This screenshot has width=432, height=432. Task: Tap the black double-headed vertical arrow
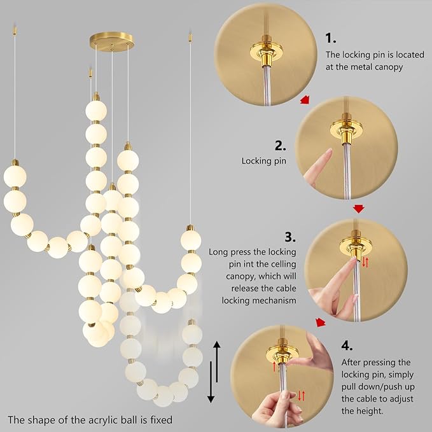(x=216, y=372)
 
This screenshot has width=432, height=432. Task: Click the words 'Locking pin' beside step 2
(x=262, y=161)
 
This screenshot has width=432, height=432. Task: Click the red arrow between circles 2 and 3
(x=359, y=209)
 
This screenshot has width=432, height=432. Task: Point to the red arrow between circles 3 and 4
(x=321, y=323)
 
